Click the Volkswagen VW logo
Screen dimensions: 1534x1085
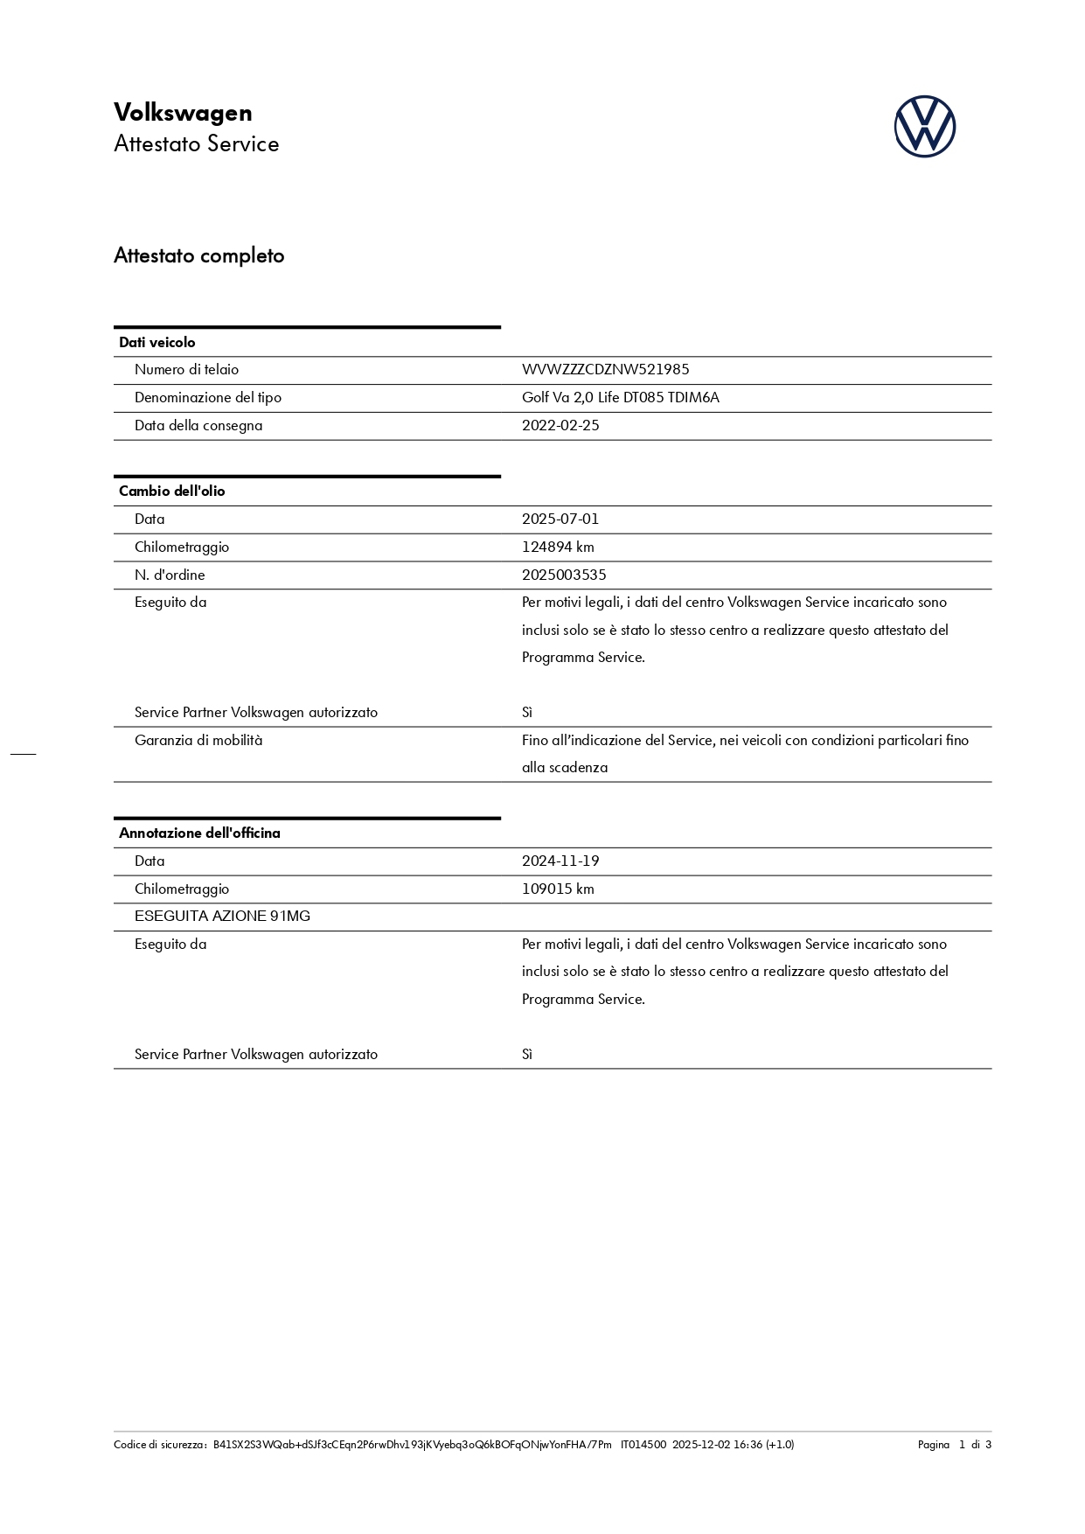(924, 127)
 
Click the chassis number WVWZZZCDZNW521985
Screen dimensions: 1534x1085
(605, 370)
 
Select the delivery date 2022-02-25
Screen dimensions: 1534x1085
(560, 426)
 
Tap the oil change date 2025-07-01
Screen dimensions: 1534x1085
(560, 519)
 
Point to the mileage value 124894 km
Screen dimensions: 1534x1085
(558, 547)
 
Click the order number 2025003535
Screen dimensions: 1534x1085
(564, 575)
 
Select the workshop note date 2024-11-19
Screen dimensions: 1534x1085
(560, 861)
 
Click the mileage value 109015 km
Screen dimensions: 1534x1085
(558, 889)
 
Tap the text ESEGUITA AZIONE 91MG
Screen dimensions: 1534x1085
(222, 917)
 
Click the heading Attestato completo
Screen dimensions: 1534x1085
(199, 256)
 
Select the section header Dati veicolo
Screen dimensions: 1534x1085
(157, 343)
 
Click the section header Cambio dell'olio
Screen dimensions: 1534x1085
(172, 492)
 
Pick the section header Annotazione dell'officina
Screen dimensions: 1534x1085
(199, 833)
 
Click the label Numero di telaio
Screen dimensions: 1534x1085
(186, 370)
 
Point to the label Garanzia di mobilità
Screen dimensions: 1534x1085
(198, 741)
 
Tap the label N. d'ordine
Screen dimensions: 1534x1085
(170, 575)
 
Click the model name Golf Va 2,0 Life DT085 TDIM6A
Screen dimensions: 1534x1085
(621, 398)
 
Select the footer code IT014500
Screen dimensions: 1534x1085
(643, 1445)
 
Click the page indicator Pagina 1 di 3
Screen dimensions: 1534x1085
(954, 1445)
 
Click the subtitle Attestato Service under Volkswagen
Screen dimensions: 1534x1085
(197, 144)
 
